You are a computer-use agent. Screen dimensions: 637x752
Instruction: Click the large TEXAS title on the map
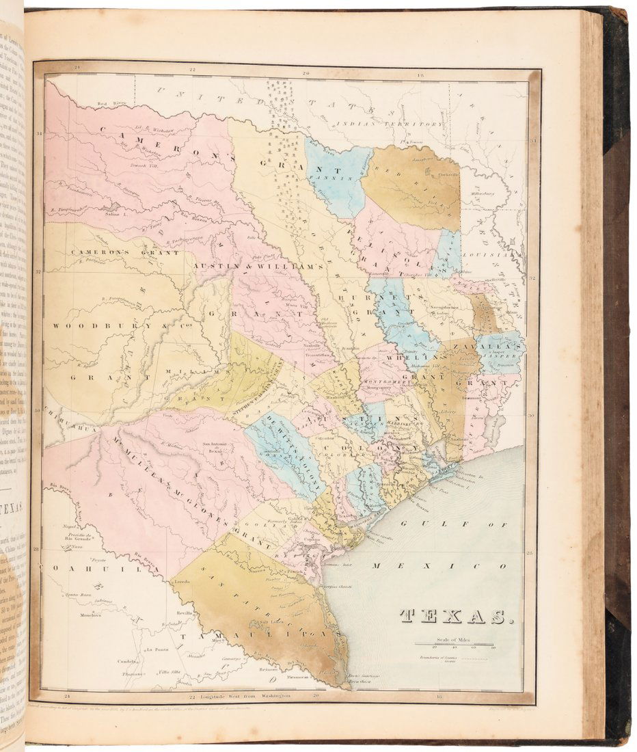pyautogui.click(x=455, y=617)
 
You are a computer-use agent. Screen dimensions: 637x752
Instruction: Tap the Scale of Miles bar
pyautogui.click(x=455, y=645)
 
